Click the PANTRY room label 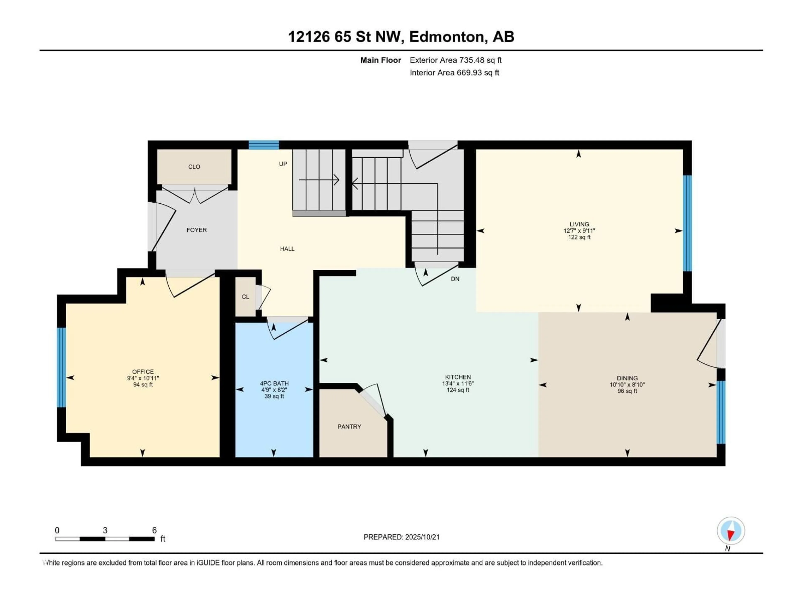click(349, 427)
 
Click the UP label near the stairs click(283, 164)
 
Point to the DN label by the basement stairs click(455, 279)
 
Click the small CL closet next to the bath click(246, 297)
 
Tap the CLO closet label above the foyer click(194, 167)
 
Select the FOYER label click(196, 230)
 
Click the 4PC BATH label click(274, 384)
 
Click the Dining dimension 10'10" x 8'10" click(627, 385)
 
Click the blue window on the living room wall click(687, 223)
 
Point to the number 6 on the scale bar click(154, 531)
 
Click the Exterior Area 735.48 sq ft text click(456, 60)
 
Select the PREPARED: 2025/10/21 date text click(401, 537)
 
